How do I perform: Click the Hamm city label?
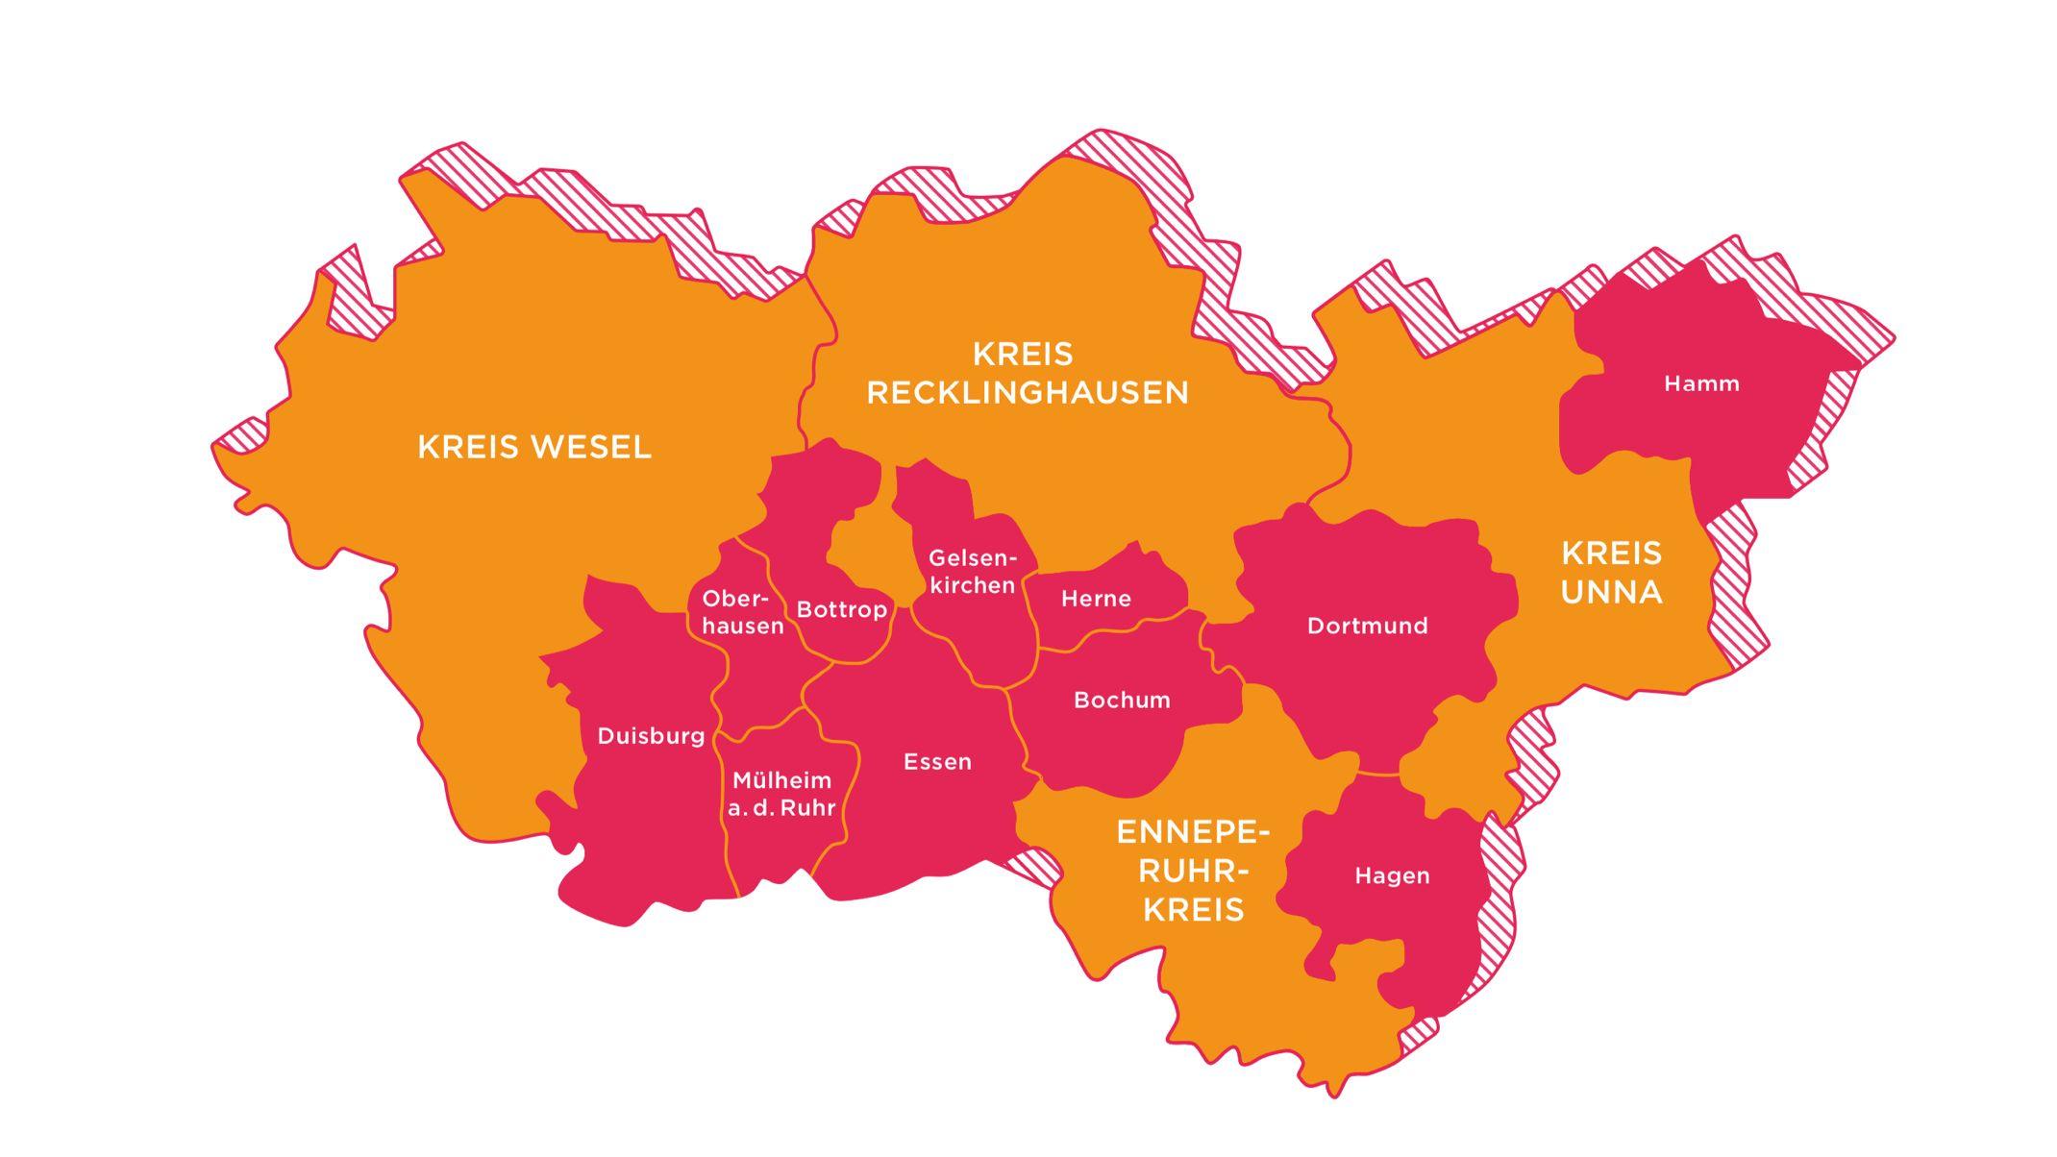tap(1701, 383)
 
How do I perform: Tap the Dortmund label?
tap(1367, 626)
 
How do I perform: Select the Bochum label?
tap(1122, 700)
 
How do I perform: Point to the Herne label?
tap(1096, 599)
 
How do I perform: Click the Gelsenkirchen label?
tap(972, 571)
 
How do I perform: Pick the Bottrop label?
tap(841, 609)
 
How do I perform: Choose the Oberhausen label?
tap(742, 612)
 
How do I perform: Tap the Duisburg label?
tap(651, 736)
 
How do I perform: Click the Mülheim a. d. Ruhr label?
tap(781, 794)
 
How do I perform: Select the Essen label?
tap(937, 762)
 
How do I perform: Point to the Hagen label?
tap(1392, 875)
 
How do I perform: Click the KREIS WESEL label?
tap(534, 447)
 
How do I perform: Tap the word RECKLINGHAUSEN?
tap(1028, 393)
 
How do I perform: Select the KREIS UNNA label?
tap(1611, 573)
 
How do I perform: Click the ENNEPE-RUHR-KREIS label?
tap(1193, 871)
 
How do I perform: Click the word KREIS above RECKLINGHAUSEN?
tap(1023, 355)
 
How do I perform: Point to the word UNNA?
tap(1611, 592)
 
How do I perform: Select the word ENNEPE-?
tap(1193, 832)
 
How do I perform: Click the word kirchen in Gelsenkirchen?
tap(972, 585)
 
